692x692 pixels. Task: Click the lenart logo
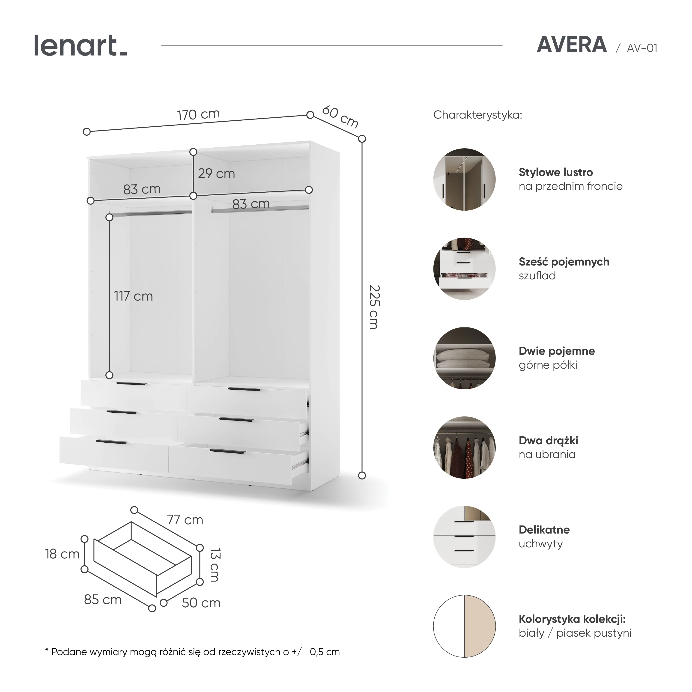point(81,45)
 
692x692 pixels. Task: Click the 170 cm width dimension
point(198,114)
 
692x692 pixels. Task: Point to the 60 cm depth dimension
point(340,117)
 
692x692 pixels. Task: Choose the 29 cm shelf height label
point(216,174)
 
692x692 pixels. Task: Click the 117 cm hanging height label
point(133,296)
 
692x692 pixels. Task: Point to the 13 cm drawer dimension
point(215,564)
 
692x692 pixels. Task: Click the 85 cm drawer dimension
point(103,600)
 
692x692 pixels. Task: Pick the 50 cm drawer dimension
point(201,603)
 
